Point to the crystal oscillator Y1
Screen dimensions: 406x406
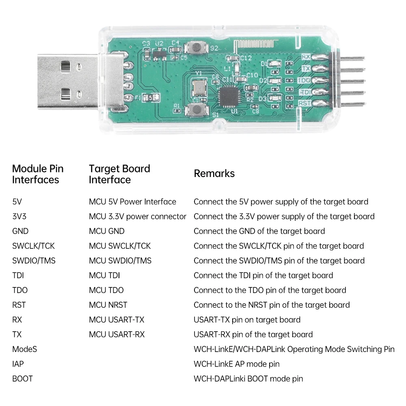click(x=199, y=87)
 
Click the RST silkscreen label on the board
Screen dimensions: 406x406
click(x=304, y=103)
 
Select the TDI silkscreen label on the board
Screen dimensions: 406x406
click(x=304, y=92)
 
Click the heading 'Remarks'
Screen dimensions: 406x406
click(x=214, y=173)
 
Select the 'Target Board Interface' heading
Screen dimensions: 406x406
click(x=119, y=174)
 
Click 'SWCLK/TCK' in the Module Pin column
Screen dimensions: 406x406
click(x=33, y=246)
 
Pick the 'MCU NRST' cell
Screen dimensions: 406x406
click(x=108, y=305)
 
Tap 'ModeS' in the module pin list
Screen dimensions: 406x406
click(x=24, y=349)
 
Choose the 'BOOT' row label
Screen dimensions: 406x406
click(x=22, y=379)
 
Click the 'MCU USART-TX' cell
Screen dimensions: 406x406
click(x=117, y=320)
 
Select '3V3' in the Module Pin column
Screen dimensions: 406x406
click(x=19, y=216)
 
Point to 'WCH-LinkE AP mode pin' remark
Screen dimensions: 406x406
click(x=236, y=364)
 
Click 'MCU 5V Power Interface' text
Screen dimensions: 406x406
click(x=132, y=202)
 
